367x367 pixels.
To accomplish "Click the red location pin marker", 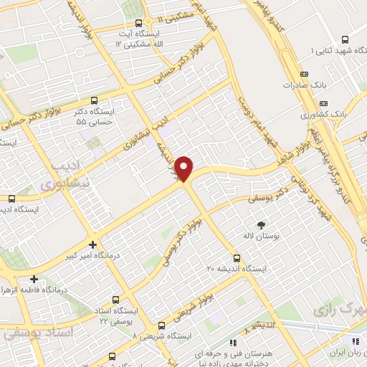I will (x=185, y=168).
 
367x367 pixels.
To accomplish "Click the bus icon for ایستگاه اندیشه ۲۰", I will (x=237, y=257).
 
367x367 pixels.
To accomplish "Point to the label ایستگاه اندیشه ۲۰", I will (x=236, y=269).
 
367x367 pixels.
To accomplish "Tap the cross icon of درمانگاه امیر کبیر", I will (x=92, y=244).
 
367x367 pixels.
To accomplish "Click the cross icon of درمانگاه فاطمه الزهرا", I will (x=34, y=278).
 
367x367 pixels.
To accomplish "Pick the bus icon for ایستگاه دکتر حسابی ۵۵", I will (x=95, y=101).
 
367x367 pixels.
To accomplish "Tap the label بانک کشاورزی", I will (x=323, y=114).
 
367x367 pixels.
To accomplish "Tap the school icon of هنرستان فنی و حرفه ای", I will (x=232, y=343).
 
